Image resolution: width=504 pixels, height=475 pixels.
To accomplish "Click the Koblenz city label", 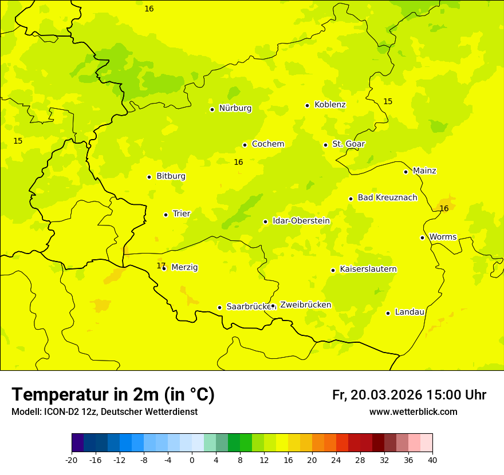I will [x=330, y=105].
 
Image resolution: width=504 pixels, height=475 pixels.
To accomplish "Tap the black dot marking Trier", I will [x=166, y=215].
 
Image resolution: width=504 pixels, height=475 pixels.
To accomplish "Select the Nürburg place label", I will [x=235, y=108].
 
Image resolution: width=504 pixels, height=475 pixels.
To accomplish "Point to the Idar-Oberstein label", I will [x=301, y=221].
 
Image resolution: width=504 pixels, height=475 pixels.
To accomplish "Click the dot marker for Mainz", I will [x=405, y=172].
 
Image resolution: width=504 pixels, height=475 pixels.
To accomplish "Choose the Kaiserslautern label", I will [x=368, y=269].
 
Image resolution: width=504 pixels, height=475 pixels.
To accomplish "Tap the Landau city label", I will [x=409, y=312].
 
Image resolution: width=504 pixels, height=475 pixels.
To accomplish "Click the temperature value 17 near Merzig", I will [x=161, y=266].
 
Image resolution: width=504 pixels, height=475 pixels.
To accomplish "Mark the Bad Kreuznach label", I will [x=387, y=197].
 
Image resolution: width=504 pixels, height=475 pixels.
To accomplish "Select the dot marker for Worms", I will [x=422, y=237].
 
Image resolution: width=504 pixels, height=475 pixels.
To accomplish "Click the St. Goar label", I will [x=348, y=144].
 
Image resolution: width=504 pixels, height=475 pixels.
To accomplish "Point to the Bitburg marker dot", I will [x=149, y=177].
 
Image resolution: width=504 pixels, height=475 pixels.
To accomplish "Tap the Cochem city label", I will [x=268, y=144].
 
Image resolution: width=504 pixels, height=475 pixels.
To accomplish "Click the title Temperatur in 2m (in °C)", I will [x=113, y=394].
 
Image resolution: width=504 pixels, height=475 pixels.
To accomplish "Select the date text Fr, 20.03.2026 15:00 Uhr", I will [x=409, y=395].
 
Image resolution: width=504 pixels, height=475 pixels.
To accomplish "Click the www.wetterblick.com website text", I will [x=413, y=412].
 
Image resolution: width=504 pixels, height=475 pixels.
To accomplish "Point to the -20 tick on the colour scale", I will [x=72, y=460].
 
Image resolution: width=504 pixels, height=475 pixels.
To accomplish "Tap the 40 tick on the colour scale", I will [x=432, y=460].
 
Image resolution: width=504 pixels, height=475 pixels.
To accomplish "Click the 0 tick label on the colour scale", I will [x=192, y=460].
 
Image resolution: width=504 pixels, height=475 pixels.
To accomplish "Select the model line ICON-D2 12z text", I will [x=104, y=412].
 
